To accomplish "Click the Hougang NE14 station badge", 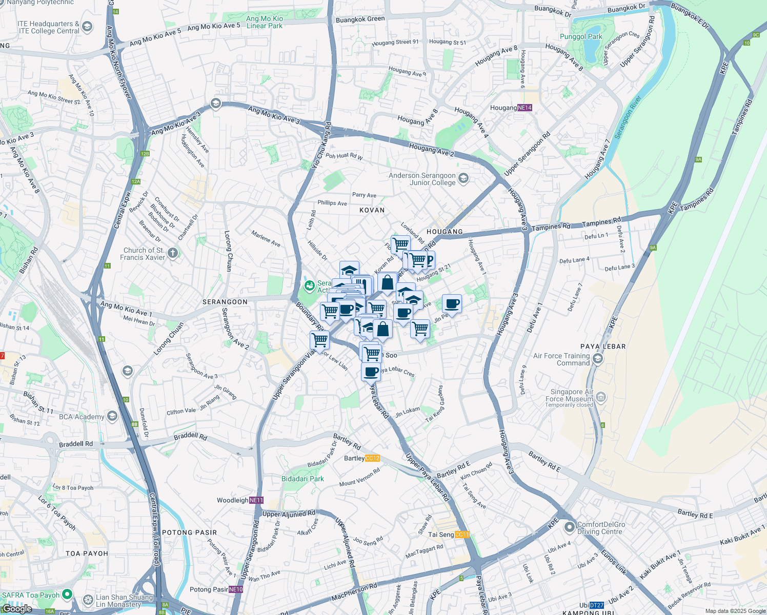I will (524, 108).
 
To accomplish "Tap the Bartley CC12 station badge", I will (373, 458).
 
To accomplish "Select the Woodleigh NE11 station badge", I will (256, 500).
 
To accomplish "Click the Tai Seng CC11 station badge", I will (462, 535).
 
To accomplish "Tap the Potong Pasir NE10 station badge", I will (236, 589).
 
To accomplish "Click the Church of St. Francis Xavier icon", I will (173, 253).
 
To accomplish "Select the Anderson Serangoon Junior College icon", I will (463, 178).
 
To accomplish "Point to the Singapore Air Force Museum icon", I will (601, 397).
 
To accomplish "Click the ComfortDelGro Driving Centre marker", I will (570, 527).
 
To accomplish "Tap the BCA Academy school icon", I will (112, 416).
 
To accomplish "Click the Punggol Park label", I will (581, 36).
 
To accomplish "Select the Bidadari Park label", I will (302, 479).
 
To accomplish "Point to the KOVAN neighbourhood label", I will (372, 210).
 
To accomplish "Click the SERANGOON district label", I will (225, 302).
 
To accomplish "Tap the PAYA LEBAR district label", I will (603, 346).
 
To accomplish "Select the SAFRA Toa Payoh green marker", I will (67, 594).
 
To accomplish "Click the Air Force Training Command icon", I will (597, 359).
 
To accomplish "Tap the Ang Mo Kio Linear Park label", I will (264, 22).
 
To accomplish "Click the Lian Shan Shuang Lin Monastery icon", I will (88, 600).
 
